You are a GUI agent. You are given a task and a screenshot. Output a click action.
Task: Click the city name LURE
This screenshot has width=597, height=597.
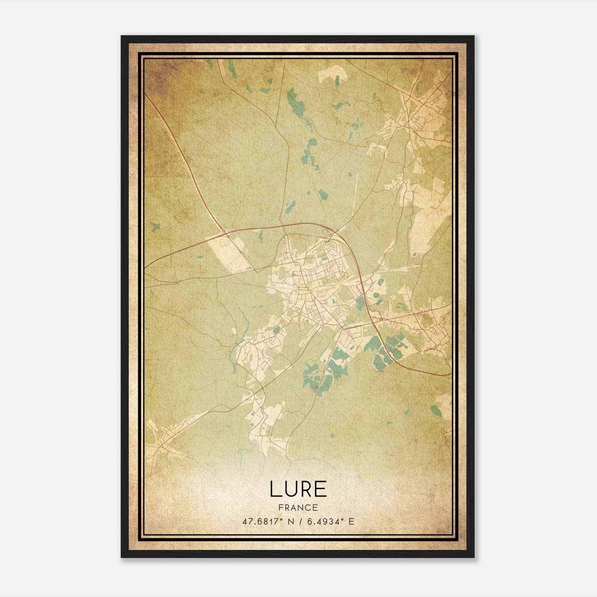click(x=298, y=489)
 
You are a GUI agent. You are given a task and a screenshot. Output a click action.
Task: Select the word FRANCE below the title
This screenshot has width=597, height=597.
click(x=298, y=508)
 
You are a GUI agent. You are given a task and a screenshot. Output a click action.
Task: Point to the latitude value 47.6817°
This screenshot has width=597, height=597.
click(x=259, y=522)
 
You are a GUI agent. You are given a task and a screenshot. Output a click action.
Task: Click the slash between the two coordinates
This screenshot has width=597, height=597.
click(x=298, y=522)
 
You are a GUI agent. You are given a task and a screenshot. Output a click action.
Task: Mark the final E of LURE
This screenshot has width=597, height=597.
click(x=321, y=489)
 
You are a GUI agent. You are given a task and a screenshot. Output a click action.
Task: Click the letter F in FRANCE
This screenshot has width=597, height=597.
click(x=281, y=508)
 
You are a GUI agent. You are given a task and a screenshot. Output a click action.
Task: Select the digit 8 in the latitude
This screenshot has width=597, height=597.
click(x=257, y=522)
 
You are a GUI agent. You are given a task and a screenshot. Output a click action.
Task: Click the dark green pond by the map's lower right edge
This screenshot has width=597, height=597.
click(x=435, y=411)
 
